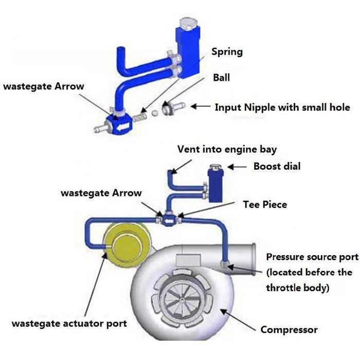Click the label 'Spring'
click(x=227, y=52)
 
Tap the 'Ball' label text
click(x=221, y=78)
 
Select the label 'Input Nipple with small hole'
click(x=282, y=107)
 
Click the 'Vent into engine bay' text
click(x=227, y=150)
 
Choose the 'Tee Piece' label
click(x=265, y=204)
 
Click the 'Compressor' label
click(x=289, y=330)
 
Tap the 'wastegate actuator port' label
click(x=69, y=323)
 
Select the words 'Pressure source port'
click(x=312, y=257)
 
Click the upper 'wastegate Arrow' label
click(x=44, y=86)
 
